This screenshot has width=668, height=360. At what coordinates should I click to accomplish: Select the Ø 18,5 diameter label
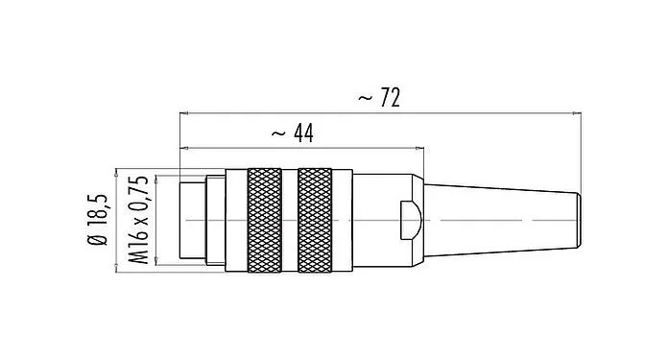98,221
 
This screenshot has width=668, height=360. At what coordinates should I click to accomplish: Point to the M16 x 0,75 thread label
136,221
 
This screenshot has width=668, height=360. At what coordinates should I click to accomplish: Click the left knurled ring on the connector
264,221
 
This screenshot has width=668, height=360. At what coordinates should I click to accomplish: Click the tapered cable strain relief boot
499,221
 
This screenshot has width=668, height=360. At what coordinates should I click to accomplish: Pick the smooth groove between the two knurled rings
290,221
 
